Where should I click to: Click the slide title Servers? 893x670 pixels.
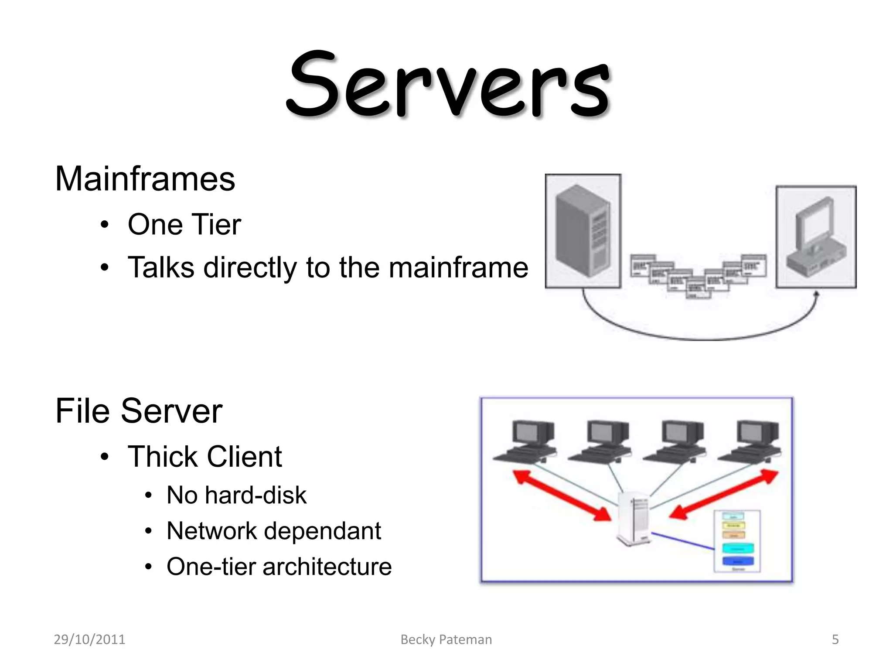pos(448,85)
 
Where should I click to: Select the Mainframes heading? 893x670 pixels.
pos(145,179)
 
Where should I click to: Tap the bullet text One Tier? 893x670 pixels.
pos(184,225)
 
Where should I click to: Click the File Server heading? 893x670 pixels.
pos(139,411)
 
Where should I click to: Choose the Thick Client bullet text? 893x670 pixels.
pos(205,457)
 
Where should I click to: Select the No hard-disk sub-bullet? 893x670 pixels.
pos(236,495)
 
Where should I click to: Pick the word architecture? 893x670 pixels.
pos(327,567)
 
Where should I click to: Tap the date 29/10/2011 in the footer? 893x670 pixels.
pos(89,639)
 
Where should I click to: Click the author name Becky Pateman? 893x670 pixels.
pos(446,639)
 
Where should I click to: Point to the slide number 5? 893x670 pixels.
pos(835,639)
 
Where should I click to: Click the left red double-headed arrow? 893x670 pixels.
pos(562,495)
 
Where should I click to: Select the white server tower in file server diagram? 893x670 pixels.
pos(634,519)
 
